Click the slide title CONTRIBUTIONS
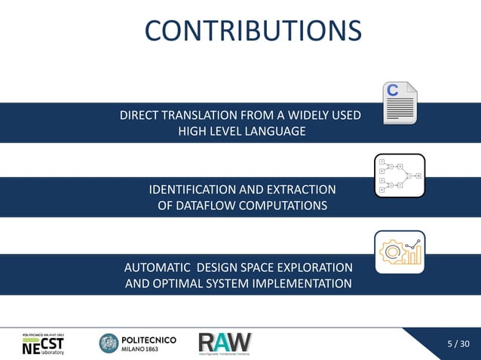point(253,31)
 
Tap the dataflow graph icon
point(400,175)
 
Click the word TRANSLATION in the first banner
point(193,116)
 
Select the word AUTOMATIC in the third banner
point(156,268)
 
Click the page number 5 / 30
point(458,344)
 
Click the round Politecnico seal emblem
point(109,343)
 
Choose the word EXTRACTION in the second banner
point(298,190)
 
